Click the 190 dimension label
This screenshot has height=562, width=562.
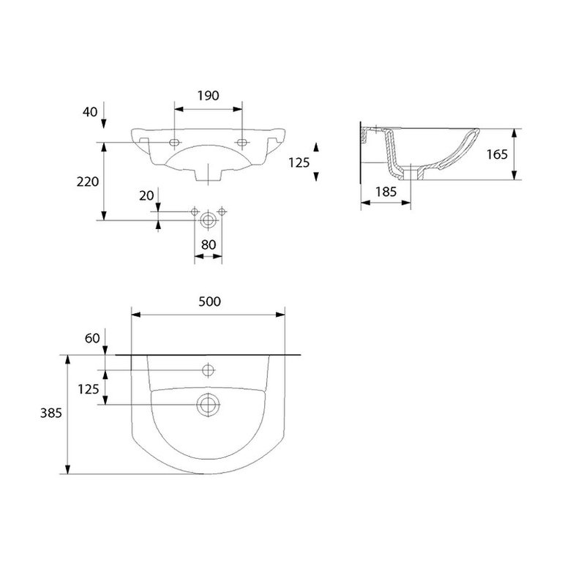209,96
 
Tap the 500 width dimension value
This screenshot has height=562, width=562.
210,301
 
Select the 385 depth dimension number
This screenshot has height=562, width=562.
51,413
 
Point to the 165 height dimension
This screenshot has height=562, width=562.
497,154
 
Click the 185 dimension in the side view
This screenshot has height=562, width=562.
386,192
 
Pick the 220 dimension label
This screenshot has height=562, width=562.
88,181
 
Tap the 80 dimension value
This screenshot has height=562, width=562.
209,245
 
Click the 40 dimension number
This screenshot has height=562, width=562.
90,112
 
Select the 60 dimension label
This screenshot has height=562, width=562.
92,338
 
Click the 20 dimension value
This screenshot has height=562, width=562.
146,195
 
